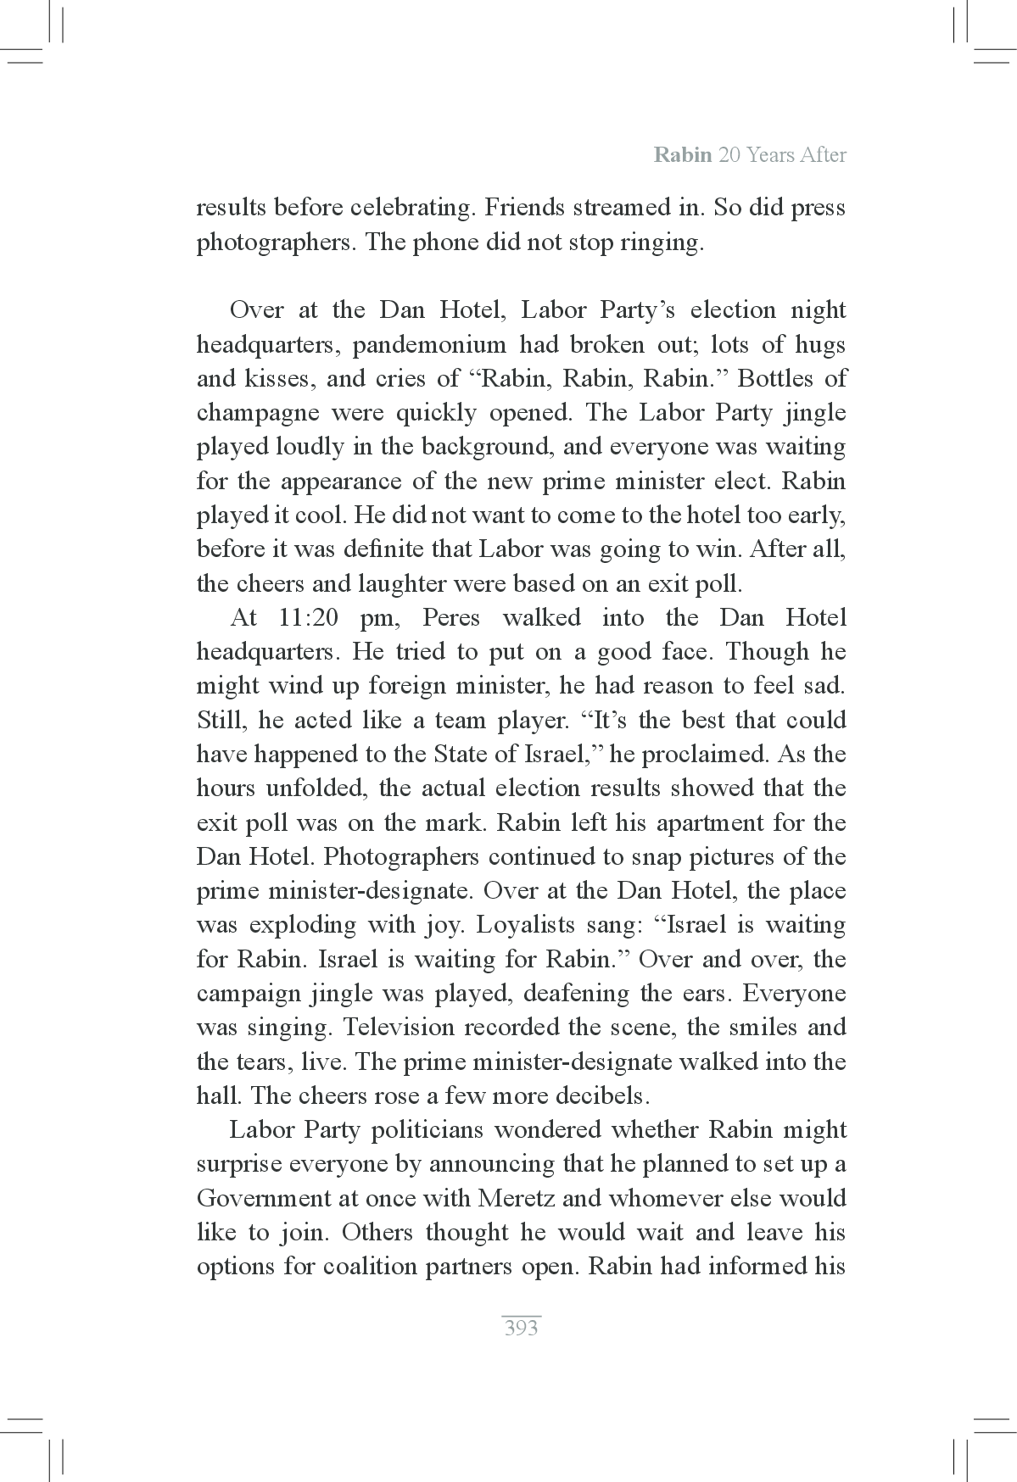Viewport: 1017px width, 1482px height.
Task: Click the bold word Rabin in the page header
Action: tap(682, 155)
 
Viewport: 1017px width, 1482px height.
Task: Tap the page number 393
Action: tap(521, 1328)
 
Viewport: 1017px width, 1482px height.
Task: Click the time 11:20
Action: tap(308, 617)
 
